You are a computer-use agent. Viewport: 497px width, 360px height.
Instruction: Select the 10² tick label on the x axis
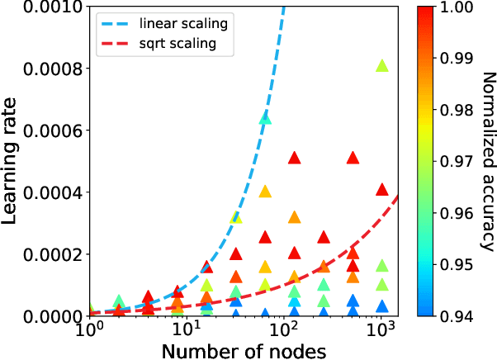[285, 330]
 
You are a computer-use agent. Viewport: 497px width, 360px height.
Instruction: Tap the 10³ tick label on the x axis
[382, 330]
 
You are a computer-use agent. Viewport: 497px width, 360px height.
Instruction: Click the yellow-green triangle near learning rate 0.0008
[382, 66]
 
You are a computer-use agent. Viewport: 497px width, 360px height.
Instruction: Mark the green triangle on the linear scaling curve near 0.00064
[265, 118]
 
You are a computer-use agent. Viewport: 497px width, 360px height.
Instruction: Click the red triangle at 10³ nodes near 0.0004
[382, 188]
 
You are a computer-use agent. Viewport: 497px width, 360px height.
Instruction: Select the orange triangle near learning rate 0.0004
[265, 192]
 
